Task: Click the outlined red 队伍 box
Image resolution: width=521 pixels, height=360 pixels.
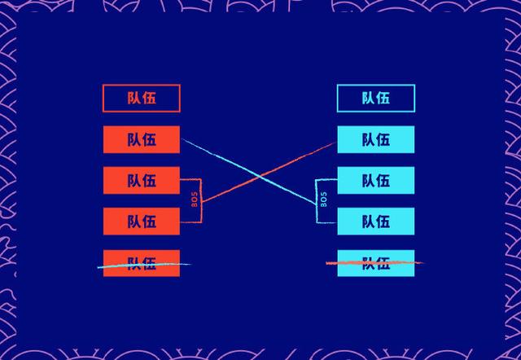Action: (x=141, y=99)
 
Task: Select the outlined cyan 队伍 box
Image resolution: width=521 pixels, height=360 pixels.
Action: (x=376, y=99)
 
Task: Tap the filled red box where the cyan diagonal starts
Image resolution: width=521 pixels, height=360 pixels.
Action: (x=141, y=139)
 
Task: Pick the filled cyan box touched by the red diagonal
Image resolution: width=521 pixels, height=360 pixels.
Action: (x=376, y=139)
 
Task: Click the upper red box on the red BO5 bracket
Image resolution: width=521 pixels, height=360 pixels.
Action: (x=141, y=180)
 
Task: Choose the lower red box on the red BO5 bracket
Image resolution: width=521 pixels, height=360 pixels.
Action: (x=141, y=221)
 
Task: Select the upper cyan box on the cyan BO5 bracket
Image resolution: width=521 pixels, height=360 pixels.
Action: (x=376, y=180)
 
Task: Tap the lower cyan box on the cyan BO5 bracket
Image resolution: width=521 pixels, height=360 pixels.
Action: (x=376, y=221)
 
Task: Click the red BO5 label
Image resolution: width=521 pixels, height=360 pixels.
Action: (x=195, y=200)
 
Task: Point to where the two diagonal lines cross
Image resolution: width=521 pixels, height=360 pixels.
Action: (x=260, y=176)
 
